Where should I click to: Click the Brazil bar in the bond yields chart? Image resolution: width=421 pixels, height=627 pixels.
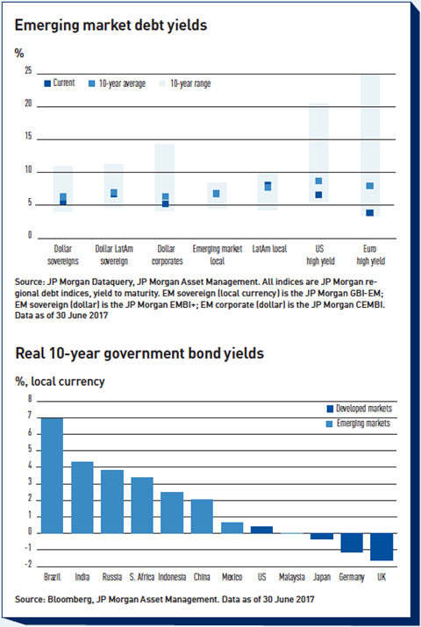(x=52, y=475)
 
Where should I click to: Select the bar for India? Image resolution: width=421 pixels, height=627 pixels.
(x=82, y=497)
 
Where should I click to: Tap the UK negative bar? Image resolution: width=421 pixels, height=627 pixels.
(x=382, y=546)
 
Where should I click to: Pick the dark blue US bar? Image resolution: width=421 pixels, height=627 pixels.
(x=262, y=530)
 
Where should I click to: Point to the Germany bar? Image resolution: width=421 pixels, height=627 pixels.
(x=352, y=543)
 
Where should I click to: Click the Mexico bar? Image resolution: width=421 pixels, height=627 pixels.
(x=232, y=528)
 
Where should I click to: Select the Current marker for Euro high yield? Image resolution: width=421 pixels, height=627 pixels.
(x=370, y=213)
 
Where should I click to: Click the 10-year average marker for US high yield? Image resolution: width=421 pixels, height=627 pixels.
(x=318, y=182)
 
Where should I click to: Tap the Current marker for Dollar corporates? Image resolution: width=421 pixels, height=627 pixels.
(x=166, y=203)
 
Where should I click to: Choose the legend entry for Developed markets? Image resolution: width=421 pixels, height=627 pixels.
(x=360, y=409)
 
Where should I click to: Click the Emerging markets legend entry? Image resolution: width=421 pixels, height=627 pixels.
(x=358, y=424)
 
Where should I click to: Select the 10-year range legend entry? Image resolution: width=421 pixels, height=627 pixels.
(x=185, y=83)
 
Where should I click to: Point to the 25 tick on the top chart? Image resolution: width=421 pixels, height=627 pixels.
(x=28, y=70)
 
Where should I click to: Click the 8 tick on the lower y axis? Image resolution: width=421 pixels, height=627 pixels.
(x=30, y=398)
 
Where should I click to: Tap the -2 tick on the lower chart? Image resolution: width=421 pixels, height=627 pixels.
(x=28, y=564)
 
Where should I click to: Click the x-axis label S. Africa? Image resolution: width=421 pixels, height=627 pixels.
(x=142, y=577)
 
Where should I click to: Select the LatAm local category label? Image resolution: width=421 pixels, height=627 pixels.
(x=269, y=249)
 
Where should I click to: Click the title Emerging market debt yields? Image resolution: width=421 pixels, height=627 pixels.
(x=111, y=25)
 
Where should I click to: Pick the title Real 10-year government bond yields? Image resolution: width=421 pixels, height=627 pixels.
(x=139, y=353)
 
